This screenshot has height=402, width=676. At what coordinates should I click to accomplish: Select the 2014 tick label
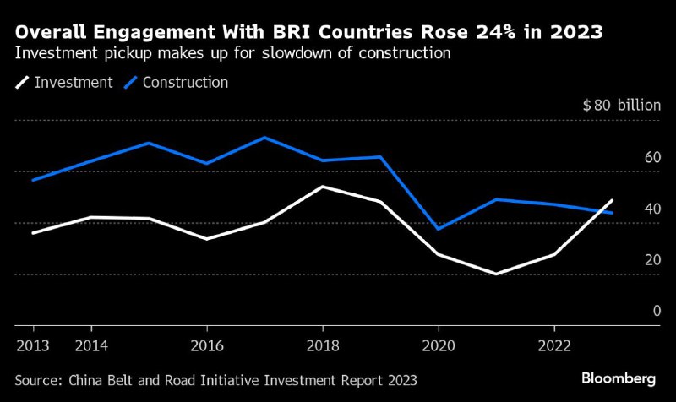tap(91, 346)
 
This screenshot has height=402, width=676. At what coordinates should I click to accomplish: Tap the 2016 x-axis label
tap(207, 346)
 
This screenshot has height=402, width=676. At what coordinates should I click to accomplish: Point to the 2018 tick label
tap(323, 346)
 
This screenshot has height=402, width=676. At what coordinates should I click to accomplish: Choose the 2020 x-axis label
tap(439, 346)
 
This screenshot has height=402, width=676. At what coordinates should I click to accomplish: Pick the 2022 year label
tap(553, 346)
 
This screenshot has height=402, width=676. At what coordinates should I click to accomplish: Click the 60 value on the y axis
tap(651, 158)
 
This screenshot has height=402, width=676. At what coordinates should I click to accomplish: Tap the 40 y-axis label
tap(651, 209)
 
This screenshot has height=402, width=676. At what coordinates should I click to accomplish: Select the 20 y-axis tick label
tap(651, 260)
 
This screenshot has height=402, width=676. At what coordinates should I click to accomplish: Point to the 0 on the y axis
tap(656, 312)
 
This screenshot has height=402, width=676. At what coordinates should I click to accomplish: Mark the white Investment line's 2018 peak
tap(323, 187)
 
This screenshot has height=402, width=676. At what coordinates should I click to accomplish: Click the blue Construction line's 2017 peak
tap(264, 137)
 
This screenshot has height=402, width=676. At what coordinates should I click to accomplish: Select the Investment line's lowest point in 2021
tap(496, 274)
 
